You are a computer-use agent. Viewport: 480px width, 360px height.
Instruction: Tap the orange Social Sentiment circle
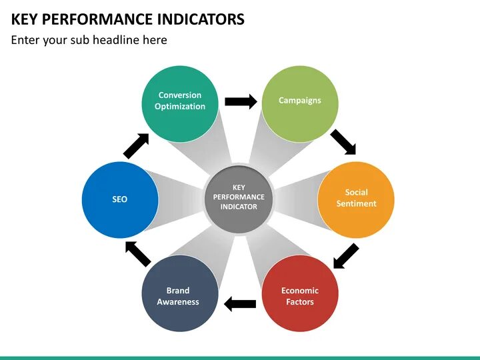pos(356,199)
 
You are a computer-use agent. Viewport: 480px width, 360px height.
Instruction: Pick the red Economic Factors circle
pos(300,294)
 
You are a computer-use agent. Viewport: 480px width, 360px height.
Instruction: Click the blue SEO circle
pos(120,199)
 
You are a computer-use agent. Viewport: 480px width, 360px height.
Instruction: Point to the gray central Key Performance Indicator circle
pos(239,198)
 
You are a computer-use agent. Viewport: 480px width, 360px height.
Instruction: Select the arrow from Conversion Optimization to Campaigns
pos(241,101)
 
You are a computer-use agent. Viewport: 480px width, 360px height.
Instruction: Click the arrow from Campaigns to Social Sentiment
pos(344,141)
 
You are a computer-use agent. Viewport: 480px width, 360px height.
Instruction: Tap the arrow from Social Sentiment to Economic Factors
pos(345,256)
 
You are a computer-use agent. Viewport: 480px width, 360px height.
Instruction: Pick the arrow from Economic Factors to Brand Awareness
pos(240,304)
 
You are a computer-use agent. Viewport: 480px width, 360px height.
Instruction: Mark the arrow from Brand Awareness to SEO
pos(139,253)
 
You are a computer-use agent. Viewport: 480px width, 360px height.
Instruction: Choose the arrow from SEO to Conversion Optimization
pos(136,145)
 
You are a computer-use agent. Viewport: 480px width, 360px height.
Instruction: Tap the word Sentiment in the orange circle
pos(356,204)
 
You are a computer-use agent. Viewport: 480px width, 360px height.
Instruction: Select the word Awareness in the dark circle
pos(178,302)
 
